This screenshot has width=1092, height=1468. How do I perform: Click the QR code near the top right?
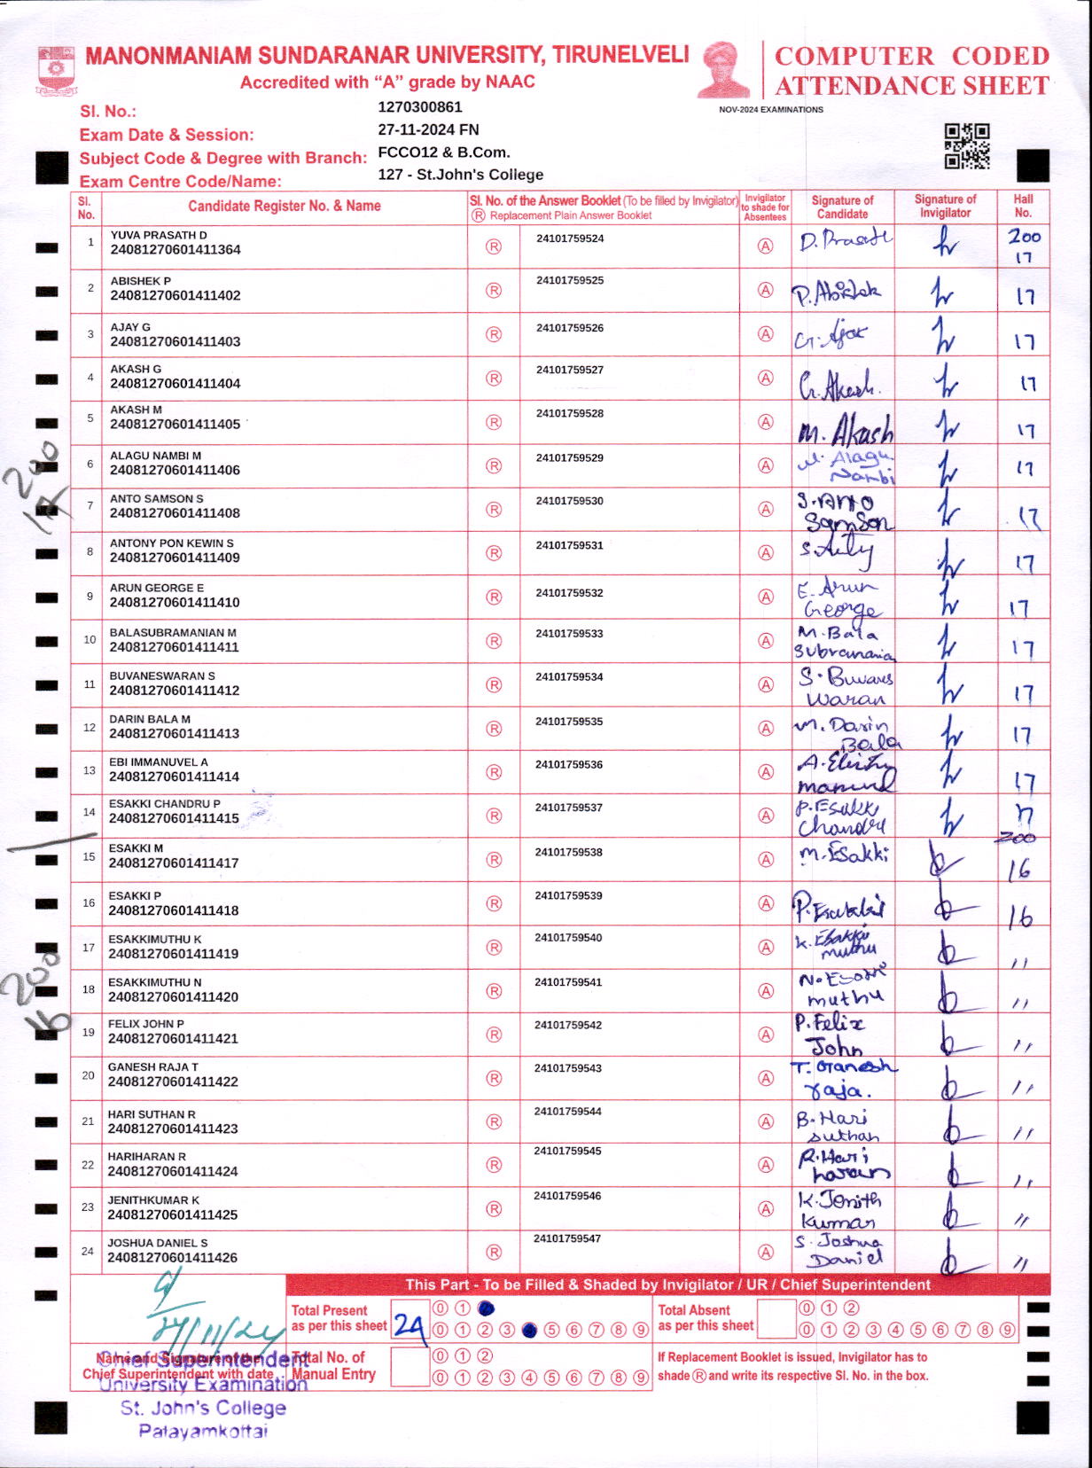click(966, 146)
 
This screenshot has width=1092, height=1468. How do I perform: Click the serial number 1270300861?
click(420, 107)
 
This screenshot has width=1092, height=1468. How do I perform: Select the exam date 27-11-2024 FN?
click(428, 129)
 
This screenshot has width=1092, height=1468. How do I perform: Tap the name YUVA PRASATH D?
click(159, 235)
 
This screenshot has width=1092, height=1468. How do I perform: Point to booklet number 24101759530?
click(569, 501)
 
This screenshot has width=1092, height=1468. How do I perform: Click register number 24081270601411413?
click(175, 733)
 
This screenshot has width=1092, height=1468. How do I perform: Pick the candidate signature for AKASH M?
click(845, 427)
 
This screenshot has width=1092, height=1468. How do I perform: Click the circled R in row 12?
click(494, 728)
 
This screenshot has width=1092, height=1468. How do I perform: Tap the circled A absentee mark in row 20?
click(766, 1078)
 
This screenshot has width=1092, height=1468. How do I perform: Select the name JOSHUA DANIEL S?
click(158, 1243)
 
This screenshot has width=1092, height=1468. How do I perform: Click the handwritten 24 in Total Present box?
click(409, 1325)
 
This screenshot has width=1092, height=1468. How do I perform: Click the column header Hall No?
click(1023, 206)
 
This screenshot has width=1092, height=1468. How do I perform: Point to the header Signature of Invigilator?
click(945, 206)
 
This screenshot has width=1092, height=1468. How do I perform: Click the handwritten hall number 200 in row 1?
click(1024, 236)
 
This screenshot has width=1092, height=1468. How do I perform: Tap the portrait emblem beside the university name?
click(723, 69)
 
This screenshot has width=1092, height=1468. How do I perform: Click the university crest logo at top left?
click(57, 70)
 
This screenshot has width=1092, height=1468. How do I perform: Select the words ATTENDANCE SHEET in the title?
click(912, 86)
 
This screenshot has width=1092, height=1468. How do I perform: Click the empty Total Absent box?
click(776, 1319)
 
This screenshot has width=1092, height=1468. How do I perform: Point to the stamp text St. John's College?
click(203, 1408)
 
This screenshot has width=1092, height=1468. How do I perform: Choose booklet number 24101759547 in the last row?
click(567, 1238)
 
